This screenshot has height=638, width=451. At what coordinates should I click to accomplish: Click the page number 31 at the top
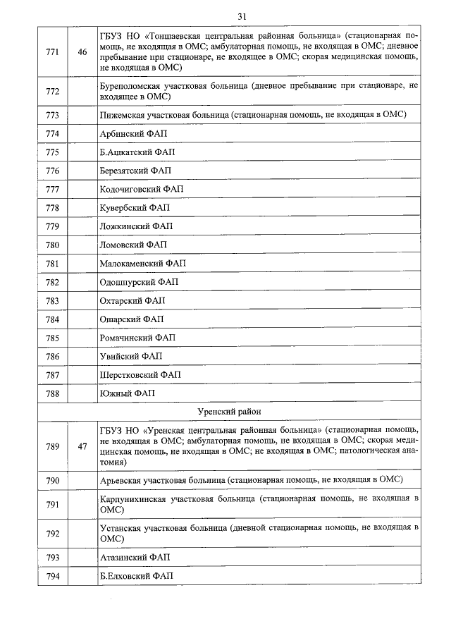click(x=242, y=16)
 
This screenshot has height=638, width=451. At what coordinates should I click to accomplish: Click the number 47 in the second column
click(x=82, y=446)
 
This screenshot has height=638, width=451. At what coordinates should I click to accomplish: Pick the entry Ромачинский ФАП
click(x=137, y=338)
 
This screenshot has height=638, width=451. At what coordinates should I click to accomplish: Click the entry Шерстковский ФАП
click(x=140, y=374)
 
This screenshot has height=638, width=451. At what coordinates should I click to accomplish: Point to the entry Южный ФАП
click(x=127, y=393)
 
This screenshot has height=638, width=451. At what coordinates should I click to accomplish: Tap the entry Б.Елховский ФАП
click(x=136, y=577)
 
